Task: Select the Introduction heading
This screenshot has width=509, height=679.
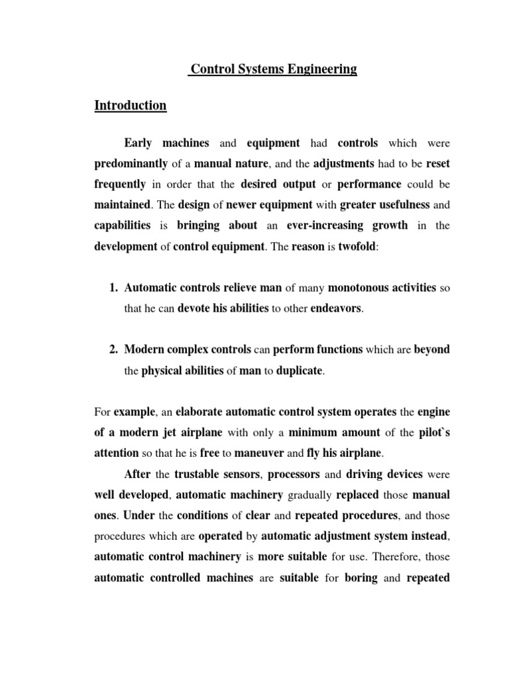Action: (x=131, y=105)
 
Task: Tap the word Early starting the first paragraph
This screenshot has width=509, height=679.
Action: (x=139, y=143)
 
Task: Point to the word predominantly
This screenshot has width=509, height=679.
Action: (x=131, y=163)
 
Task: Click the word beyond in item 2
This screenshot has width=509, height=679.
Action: (x=432, y=349)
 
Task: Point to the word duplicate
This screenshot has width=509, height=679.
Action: (x=300, y=371)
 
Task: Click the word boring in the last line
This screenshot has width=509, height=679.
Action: (x=361, y=578)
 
